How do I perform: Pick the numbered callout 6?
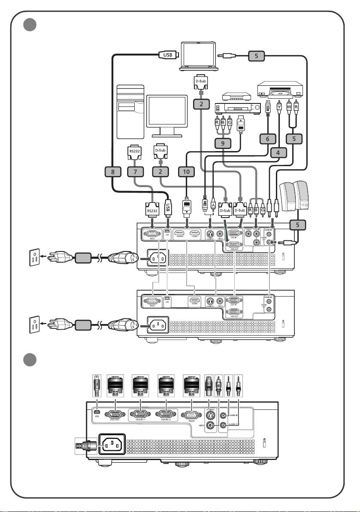pos(267,139)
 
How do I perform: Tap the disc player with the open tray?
pos(280,90)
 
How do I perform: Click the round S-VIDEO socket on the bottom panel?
pos(210,415)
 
